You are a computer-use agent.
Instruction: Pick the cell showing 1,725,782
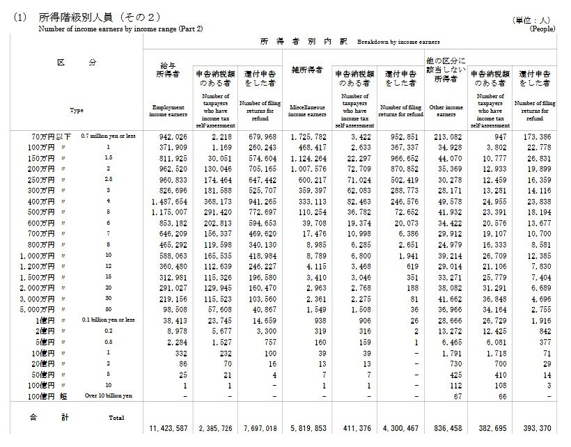(307, 137)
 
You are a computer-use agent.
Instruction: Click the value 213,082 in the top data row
(445, 137)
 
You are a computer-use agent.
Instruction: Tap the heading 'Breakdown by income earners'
(398, 42)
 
